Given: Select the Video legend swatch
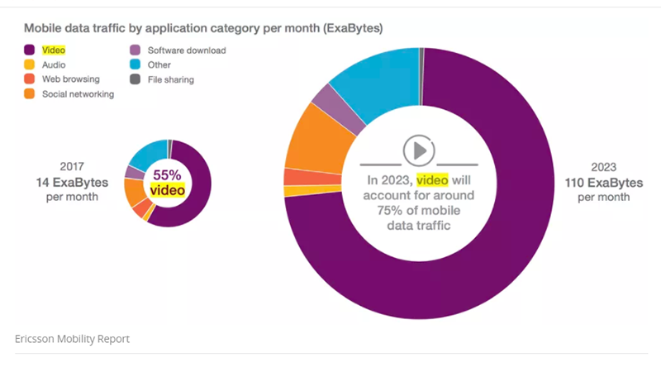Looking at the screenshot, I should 29,50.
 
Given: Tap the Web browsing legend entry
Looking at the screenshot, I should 69,79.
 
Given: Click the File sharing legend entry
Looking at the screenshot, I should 169,79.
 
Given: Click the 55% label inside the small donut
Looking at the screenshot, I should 166,175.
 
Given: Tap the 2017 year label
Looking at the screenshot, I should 72,166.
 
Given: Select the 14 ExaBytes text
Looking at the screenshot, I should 73,181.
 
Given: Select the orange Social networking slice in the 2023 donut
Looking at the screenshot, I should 311,145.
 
